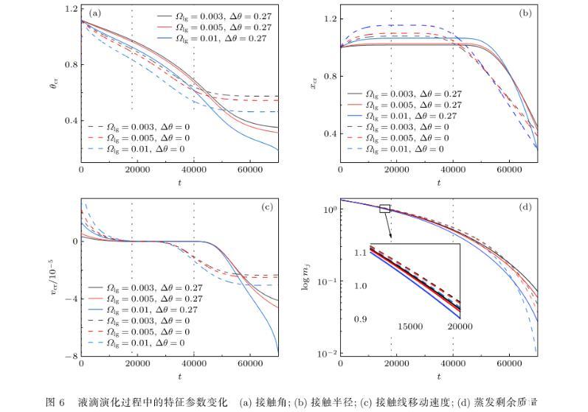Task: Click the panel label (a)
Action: pos(94,13)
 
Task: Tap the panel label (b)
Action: pos(525,13)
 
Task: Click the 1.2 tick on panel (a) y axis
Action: pos(71,9)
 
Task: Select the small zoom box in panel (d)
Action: pos(384,209)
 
